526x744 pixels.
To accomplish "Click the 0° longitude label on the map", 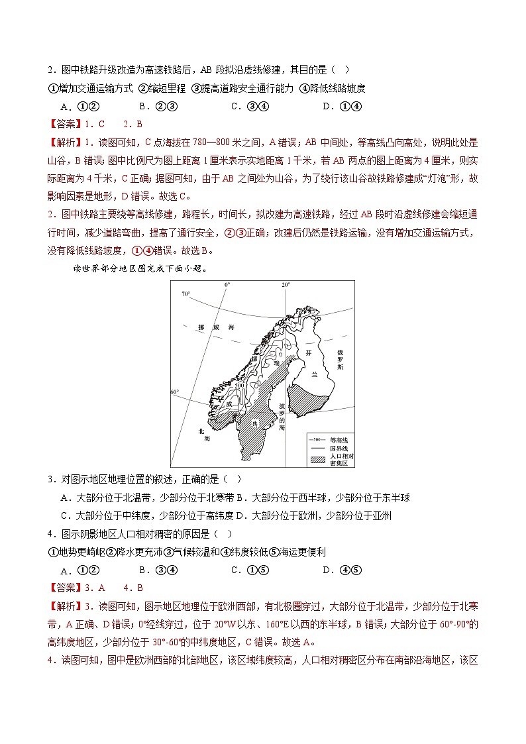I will [227, 285].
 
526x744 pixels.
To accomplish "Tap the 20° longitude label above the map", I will [286, 285].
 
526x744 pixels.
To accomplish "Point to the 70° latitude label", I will [186, 293].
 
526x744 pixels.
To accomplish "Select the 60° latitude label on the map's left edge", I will [174, 392].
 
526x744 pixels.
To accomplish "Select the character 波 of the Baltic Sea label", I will [282, 405].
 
